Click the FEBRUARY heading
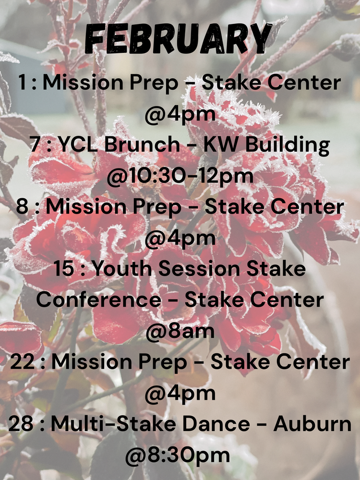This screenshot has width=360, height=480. click(x=180, y=38)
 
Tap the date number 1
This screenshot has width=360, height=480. click(x=22, y=83)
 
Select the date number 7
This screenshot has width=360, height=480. click(x=34, y=144)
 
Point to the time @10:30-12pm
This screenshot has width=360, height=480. click(x=180, y=176)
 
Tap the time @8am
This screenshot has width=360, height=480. click(x=180, y=331)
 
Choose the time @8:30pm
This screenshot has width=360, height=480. click(x=180, y=455)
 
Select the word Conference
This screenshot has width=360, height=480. click(x=99, y=300)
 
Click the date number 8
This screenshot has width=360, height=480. click(x=22, y=206)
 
